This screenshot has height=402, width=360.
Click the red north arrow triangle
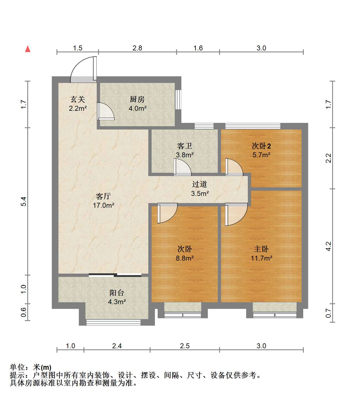(28, 49)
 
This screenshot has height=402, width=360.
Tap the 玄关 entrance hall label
(78, 99)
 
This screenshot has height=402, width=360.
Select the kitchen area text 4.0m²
(138, 108)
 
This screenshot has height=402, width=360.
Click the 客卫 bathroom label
(185, 146)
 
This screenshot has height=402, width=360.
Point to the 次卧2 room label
(261, 146)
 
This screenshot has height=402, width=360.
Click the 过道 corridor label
(200, 184)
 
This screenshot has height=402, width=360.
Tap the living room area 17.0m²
(104, 205)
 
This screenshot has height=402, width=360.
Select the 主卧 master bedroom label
(261, 249)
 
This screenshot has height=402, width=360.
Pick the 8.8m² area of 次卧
(185, 258)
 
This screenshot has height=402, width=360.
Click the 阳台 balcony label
(117, 293)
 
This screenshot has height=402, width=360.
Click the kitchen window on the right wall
(178, 99)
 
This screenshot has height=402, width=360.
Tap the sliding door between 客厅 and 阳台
(115, 275)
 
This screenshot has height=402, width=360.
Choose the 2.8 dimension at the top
(137, 48)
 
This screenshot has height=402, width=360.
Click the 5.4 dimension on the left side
(23, 201)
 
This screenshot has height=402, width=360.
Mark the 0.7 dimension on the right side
(328, 313)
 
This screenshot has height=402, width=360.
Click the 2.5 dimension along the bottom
(185, 346)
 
